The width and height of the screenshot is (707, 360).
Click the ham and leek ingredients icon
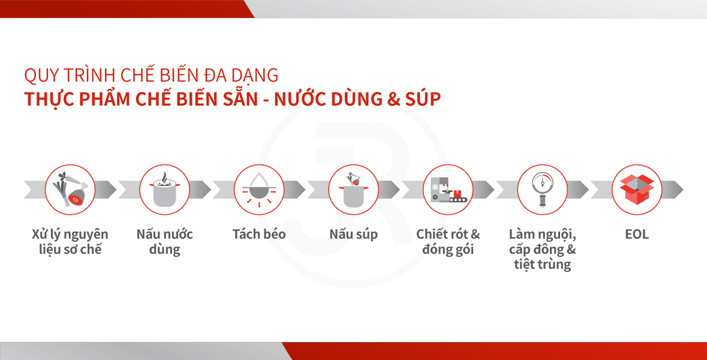[70, 190]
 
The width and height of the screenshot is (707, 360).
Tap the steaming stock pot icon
[164, 190]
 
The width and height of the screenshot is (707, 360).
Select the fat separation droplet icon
[259, 190]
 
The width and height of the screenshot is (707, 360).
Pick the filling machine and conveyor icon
[448, 190]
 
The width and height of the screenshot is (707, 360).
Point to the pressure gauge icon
[543, 190]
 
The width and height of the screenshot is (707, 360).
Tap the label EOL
[637, 234]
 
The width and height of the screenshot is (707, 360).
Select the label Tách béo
[259, 234]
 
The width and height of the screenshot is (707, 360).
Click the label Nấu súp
[354, 235]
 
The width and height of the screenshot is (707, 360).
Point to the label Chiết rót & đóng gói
[448, 242]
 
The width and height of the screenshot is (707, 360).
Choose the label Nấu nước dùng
[164, 242]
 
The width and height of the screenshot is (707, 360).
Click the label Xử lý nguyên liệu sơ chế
[70, 242]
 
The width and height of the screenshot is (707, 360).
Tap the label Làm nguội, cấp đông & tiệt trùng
[543, 250]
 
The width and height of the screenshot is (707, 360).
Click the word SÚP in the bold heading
[423, 98]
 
